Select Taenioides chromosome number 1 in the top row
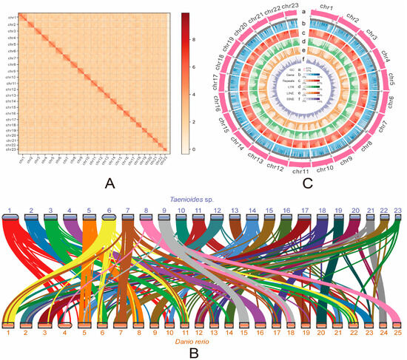10,211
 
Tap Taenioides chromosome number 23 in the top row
397,211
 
